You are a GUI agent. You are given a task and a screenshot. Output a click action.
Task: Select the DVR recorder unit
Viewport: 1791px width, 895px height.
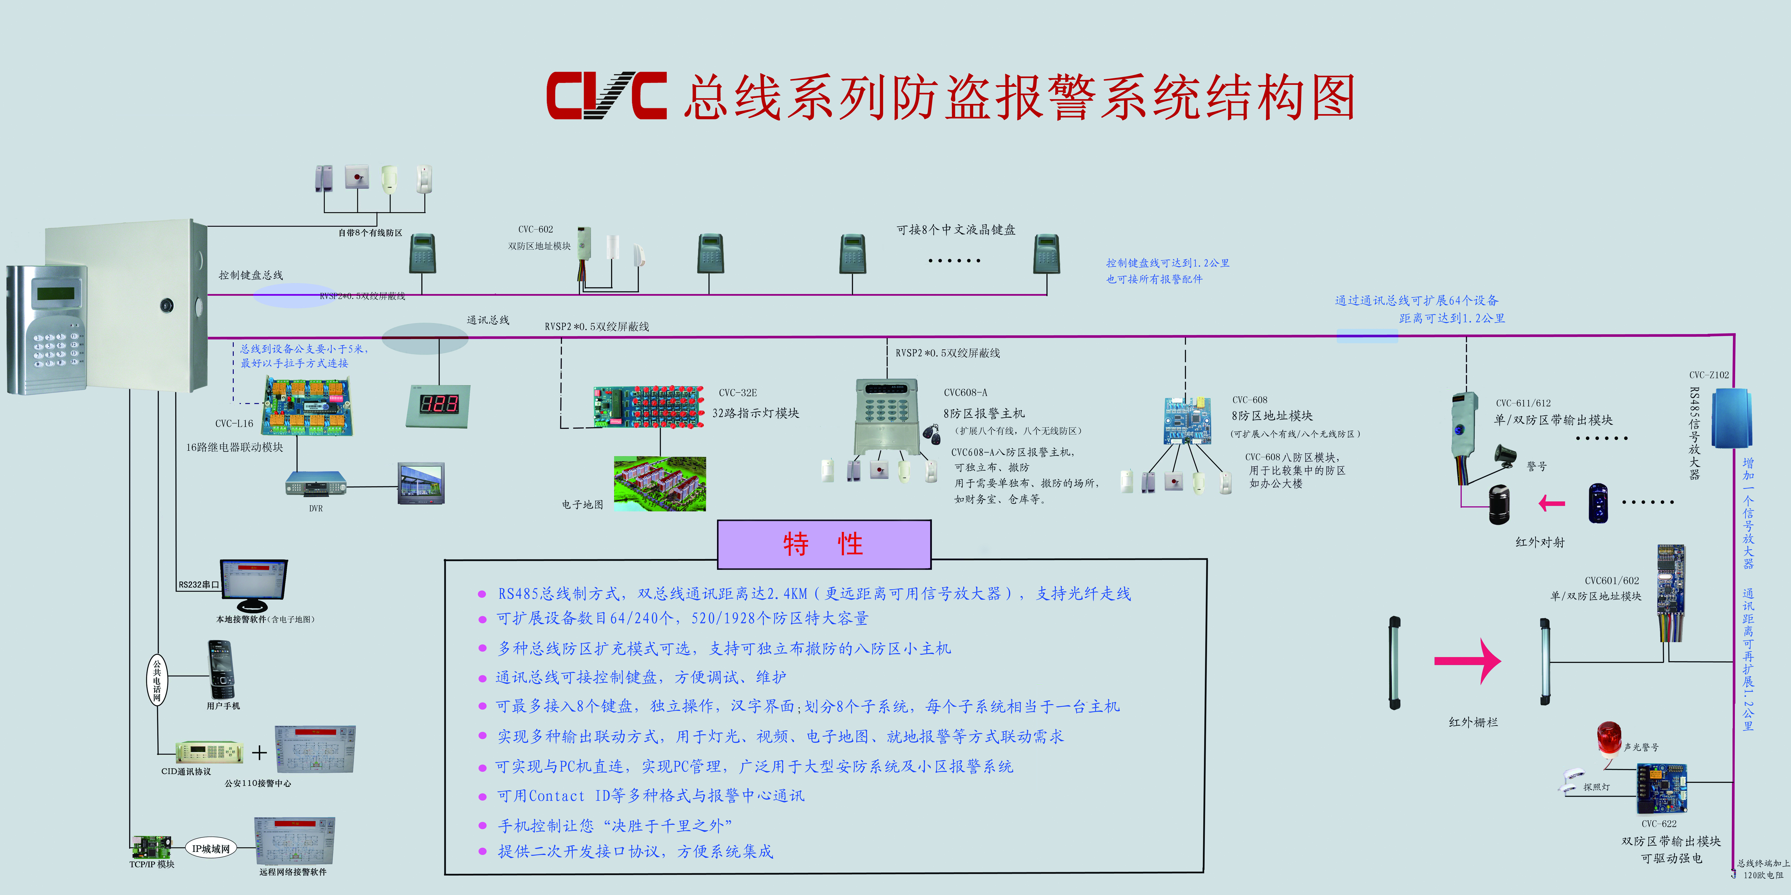[x=316, y=483]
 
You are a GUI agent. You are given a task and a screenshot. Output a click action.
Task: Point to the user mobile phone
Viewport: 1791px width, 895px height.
[x=221, y=670]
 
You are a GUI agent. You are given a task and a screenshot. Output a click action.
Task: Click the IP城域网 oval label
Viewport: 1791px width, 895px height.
[x=211, y=848]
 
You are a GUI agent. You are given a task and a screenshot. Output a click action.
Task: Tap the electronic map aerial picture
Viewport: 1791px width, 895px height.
[x=660, y=484]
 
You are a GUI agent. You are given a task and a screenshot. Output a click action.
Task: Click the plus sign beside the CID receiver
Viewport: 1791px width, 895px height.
[x=259, y=753]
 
